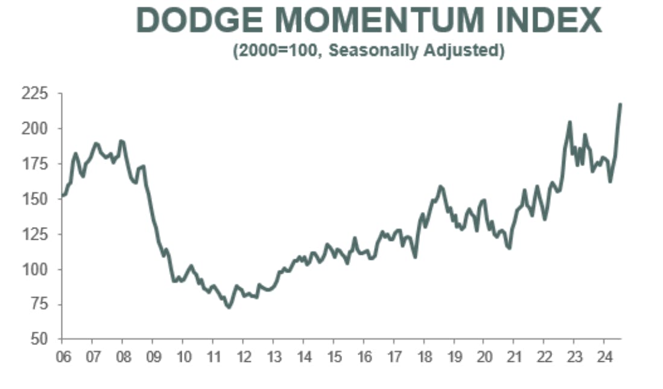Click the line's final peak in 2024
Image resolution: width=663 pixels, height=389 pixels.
coord(621,104)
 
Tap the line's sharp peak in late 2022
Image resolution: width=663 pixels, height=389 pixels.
coord(569,122)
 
